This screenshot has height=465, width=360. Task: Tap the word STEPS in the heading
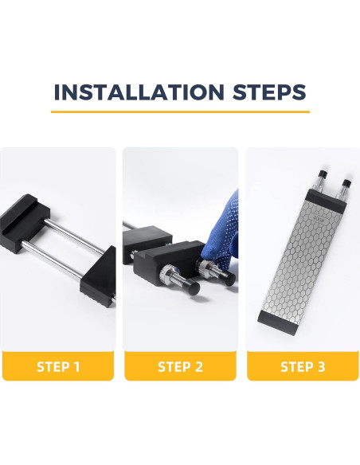[269, 92]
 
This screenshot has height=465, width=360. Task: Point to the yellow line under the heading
[180, 111]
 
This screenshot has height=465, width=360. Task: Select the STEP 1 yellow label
[58, 366]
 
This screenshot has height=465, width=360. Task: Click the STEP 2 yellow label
[180, 366]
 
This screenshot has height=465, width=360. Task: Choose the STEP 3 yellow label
[303, 366]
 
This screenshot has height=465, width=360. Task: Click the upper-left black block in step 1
[24, 222]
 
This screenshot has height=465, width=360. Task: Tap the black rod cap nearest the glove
[230, 278]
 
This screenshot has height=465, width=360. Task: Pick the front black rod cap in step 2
[193, 287]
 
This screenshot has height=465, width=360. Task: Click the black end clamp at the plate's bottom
[278, 322]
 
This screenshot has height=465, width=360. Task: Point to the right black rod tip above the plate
[346, 183]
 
